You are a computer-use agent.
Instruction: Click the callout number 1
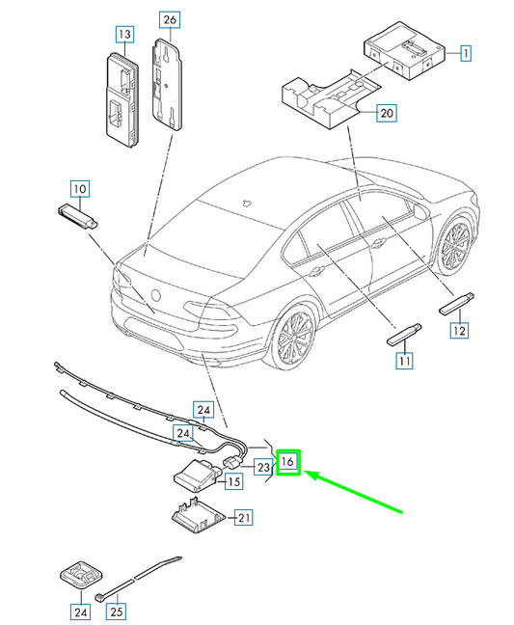(x=465, y=53)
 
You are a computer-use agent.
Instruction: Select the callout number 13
(x=123, y=35)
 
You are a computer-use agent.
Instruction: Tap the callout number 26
(x=169, y=20)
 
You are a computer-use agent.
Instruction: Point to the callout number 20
(x=386, y=113)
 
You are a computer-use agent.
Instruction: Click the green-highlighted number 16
(x=288, y=463)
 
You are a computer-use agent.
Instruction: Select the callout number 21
(x=244, y=518)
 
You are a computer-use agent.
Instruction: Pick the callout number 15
(x=232, y=482)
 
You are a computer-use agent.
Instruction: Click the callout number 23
(x=262, y=466)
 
